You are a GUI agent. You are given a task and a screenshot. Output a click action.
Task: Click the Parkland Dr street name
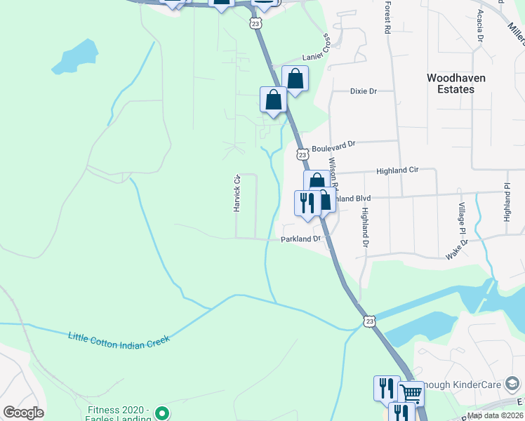(300, 239)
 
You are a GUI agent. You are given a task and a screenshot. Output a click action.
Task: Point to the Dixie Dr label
(363, 91)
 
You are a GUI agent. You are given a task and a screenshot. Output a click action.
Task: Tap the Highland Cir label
(397, 171)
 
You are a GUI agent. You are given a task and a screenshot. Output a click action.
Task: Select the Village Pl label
(462, 218)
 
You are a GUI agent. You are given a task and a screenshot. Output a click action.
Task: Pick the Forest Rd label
(387, 18)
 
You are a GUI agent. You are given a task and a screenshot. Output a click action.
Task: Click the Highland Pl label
(507, 203)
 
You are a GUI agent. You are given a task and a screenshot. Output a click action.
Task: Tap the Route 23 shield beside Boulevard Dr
(302, 154)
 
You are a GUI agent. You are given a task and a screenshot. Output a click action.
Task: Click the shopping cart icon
(411, 393)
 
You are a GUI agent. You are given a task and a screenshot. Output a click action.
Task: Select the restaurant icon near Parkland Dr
(307, 202)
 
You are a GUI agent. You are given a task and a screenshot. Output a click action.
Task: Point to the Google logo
(23, 413)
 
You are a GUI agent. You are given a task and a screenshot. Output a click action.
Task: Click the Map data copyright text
(495, 415)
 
